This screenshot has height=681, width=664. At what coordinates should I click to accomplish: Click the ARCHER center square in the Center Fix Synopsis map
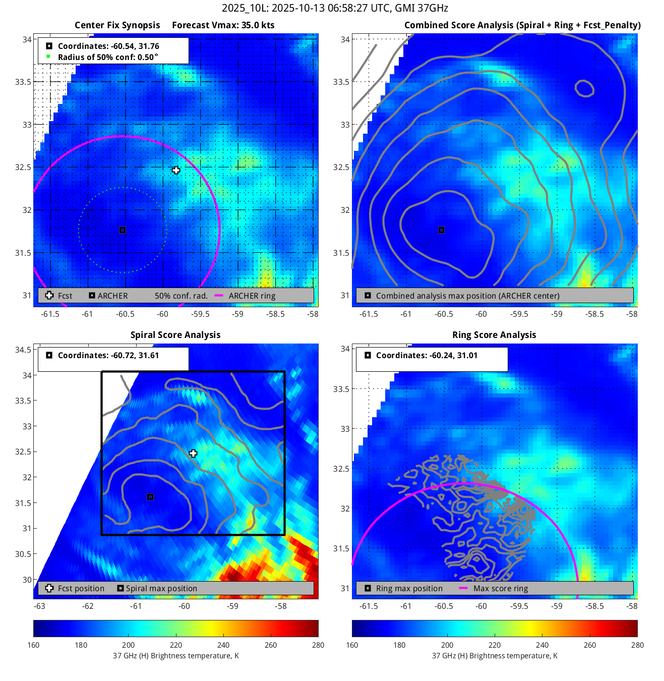[x=122, y=230]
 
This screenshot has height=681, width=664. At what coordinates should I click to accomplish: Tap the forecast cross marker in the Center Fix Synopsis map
[x=175, y=171]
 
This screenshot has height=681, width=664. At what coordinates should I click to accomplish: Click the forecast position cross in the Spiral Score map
[x=193, y=453]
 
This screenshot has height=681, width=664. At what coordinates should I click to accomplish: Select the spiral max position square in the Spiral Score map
[x=150, y=497]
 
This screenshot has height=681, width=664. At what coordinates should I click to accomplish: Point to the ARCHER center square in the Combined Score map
[x=441, y=230]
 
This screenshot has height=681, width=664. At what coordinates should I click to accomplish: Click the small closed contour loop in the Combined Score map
[x=584, y=89]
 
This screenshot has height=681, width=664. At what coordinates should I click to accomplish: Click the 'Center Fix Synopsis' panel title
[x=117, y=25]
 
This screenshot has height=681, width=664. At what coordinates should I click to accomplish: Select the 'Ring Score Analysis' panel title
[x=494, y=335]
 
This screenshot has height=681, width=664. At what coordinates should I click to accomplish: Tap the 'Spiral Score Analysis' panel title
[x=175, y=335]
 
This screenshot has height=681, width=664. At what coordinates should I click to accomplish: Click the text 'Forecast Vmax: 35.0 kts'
[x=223, y=25]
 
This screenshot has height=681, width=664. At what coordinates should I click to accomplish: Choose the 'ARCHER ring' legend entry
[x=252, y=296]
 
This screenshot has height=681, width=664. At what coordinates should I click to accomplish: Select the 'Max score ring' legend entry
[x=500, y=589]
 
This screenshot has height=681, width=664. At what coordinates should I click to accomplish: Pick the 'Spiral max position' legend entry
[x=161, y=589]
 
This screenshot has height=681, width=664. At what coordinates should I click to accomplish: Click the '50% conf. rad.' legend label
[x=181, y=296]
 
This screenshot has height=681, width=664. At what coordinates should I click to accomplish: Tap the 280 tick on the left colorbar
[x=318, y=645]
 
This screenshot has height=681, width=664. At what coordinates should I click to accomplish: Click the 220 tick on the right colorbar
[x=495, y=645]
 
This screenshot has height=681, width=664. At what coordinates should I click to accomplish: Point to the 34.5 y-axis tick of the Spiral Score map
[x=23, y=350]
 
